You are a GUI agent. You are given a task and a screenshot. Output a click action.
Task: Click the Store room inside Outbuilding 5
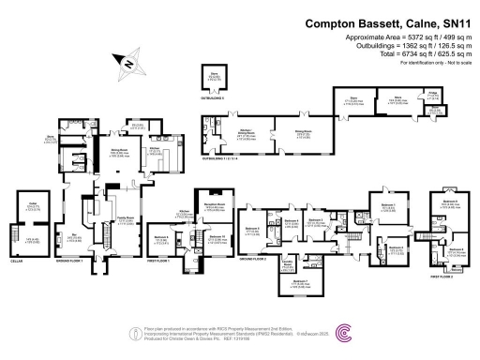215,79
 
